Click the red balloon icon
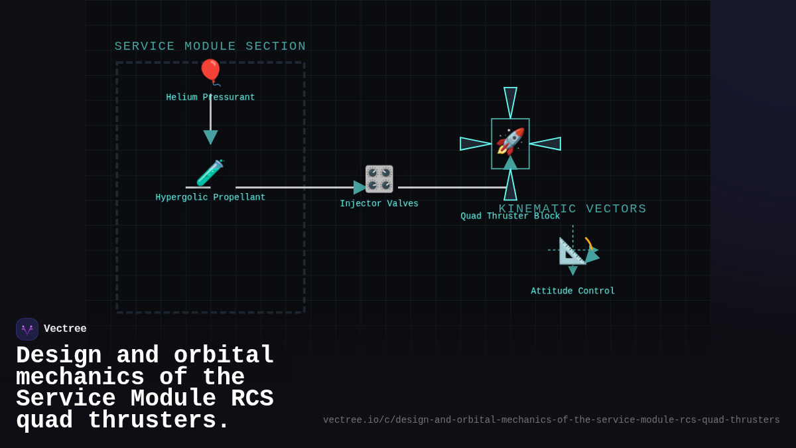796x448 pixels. click(x=210, y=72)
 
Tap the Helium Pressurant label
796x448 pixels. click(x=210, y=98)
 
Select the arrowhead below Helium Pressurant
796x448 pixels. click(x=210, y=137)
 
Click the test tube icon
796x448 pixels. click(x=210, y=173)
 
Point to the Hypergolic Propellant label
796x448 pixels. click(x=210, y=197)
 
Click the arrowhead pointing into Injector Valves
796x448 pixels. click(x=360, y=187)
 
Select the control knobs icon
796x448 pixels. click(x=379, y=179)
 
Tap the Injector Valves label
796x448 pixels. click(x=379, y=204)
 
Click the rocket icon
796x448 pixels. click(x=510, y=141)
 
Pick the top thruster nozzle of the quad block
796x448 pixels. click(x=510, y=102)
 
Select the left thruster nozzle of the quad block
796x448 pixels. click(x=475, y=143)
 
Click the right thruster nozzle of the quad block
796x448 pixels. click(x=545, y=143)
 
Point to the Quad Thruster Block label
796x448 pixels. click(x=510, y=216)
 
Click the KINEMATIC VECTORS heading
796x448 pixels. click(x=572, y=208)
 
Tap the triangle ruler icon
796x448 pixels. click(x=572, y=251)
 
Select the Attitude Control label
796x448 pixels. click(x=572, y=291)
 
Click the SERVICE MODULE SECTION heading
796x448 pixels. click(x=210, y=46)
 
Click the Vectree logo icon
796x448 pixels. click(x=27, y=329)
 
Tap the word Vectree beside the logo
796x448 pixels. click(x=65, y=329)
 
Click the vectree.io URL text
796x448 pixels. click(x=551, y=420)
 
